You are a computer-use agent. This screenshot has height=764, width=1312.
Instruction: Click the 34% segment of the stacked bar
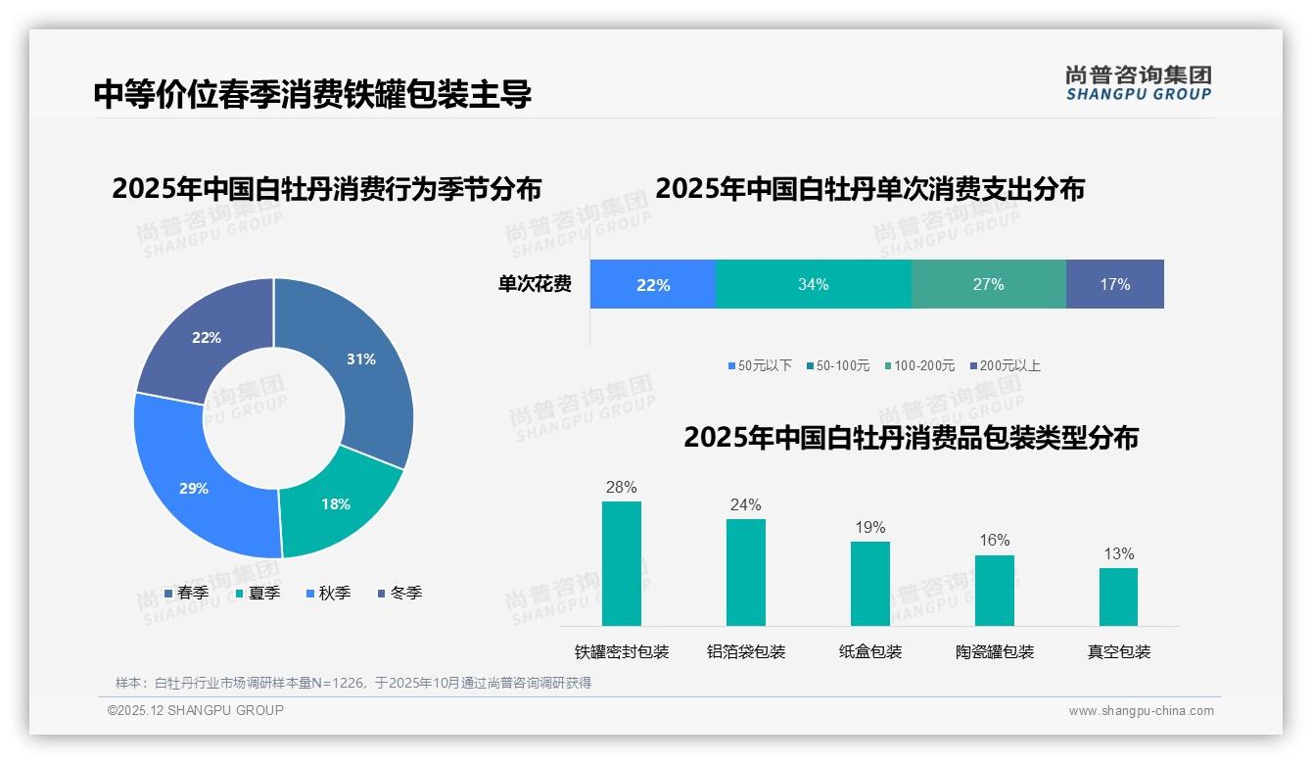[814, 284]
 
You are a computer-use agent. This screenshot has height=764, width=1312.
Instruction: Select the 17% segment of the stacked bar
[1114, 284]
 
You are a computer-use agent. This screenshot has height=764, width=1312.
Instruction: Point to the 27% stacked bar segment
[988, 284]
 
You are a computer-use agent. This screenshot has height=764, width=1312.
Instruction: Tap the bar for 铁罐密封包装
[621, 563]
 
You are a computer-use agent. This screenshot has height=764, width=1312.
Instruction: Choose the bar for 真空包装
[1118, 597]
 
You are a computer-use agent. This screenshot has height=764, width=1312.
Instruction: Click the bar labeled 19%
[869, 583]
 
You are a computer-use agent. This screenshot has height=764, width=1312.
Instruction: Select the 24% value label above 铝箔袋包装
[745, 505]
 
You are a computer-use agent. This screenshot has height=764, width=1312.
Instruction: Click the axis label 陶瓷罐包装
[994, 651]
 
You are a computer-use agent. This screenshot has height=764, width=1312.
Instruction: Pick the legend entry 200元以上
[1009, 365]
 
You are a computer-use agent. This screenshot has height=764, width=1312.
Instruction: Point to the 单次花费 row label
[535, 284]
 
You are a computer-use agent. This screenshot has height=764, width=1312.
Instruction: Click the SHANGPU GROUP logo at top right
[1138, 82]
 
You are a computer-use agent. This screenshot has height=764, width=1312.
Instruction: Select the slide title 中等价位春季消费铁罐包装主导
[312, 94]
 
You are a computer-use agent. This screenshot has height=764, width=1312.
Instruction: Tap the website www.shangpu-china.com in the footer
[1141, 711]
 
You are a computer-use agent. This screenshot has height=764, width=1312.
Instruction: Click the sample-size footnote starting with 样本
[353, 683]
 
